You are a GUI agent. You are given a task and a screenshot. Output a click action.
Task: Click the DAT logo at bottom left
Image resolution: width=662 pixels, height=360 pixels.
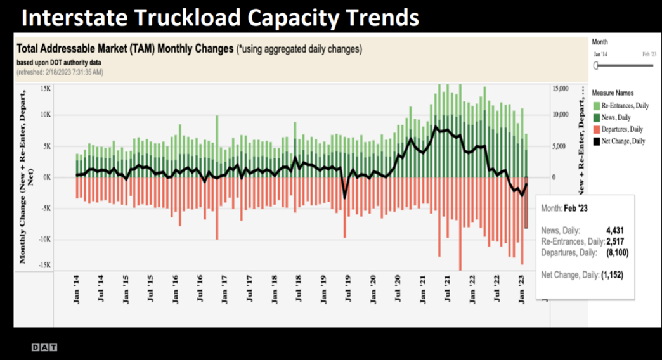[x=45, y=347]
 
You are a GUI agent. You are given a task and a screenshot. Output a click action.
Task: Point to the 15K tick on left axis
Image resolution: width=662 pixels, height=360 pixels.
[x=45, y=89]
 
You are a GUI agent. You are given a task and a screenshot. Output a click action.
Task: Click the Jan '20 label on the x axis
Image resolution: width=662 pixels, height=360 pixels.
[x=373, y=288]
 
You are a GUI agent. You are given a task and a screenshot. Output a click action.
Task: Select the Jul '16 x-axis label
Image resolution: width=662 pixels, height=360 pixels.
[x=200, y=288]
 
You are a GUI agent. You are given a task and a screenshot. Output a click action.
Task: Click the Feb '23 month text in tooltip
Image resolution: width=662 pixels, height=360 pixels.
[x=578, y=208]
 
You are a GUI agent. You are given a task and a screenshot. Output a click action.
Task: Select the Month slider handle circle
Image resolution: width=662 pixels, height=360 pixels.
[x=596, y=65]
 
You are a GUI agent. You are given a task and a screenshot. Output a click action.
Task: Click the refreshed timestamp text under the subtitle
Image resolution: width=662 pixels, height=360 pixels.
[x=60, y=72]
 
